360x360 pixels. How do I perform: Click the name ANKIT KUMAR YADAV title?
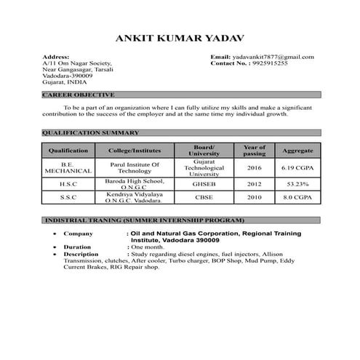pyautogui.click(x=180, y=37)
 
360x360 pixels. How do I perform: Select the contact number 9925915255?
pyautogui.click(x=268, y=63)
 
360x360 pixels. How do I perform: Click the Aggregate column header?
pyautogui.click(x=297, y=150)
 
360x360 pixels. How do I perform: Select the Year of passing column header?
pyautogui.click(x=255, y=150)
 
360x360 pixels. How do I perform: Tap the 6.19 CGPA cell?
pyautogui.click(x=297, y=168)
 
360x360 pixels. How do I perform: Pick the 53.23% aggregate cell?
pyautogui.click(x=297, y=185)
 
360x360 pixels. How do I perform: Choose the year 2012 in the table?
pyautogui.click(x=255, y=185)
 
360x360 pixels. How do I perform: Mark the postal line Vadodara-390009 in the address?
pyautogui.click(x=68, y=75)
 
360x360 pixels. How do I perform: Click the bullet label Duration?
pyautogui.click(x=77, y=247)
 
